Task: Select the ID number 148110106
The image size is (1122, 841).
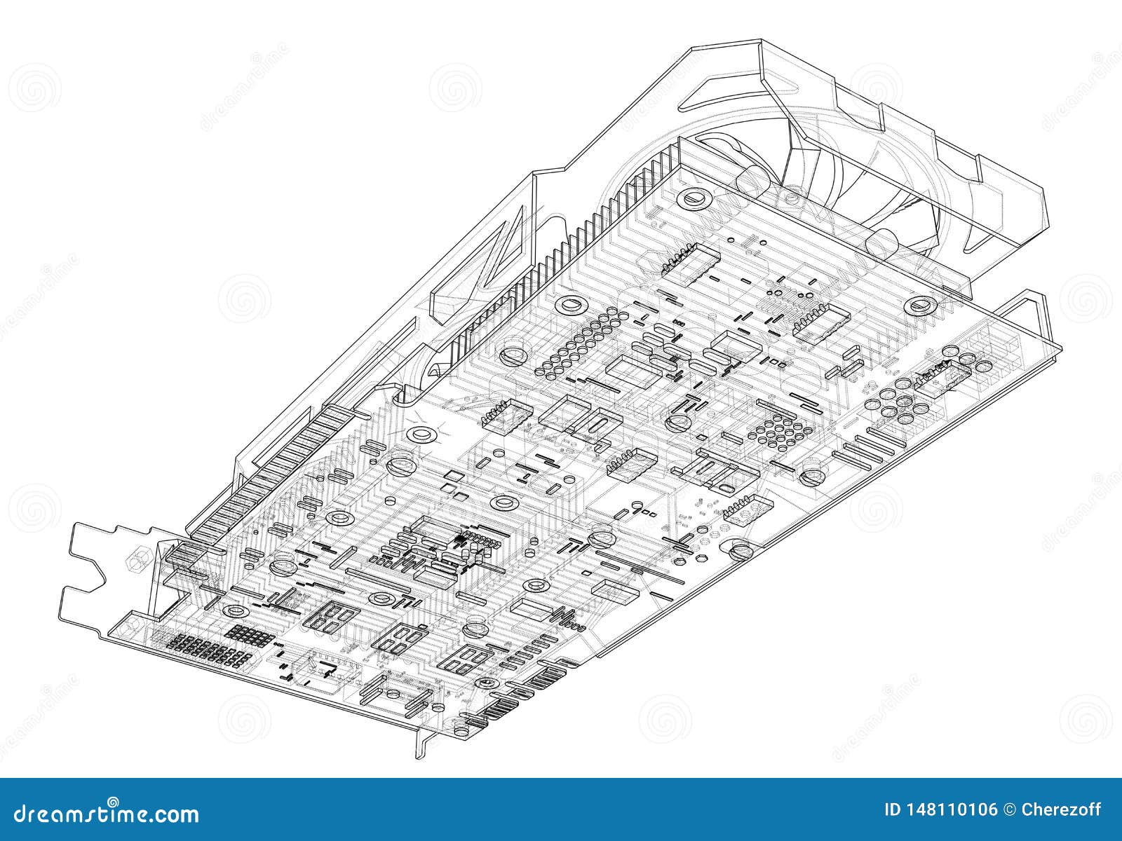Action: (x=940, y=810)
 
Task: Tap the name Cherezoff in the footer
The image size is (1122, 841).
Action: (x=1062, y=810)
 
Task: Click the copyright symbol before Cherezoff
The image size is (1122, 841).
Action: (x=1009, y=810)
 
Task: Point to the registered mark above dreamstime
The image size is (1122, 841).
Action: (x=113, y=800)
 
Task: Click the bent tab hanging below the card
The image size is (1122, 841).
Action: (x=421, y=743)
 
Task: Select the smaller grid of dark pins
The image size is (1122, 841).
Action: (x=250, y=634)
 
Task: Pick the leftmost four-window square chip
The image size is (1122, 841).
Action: (x=331, y=617)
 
